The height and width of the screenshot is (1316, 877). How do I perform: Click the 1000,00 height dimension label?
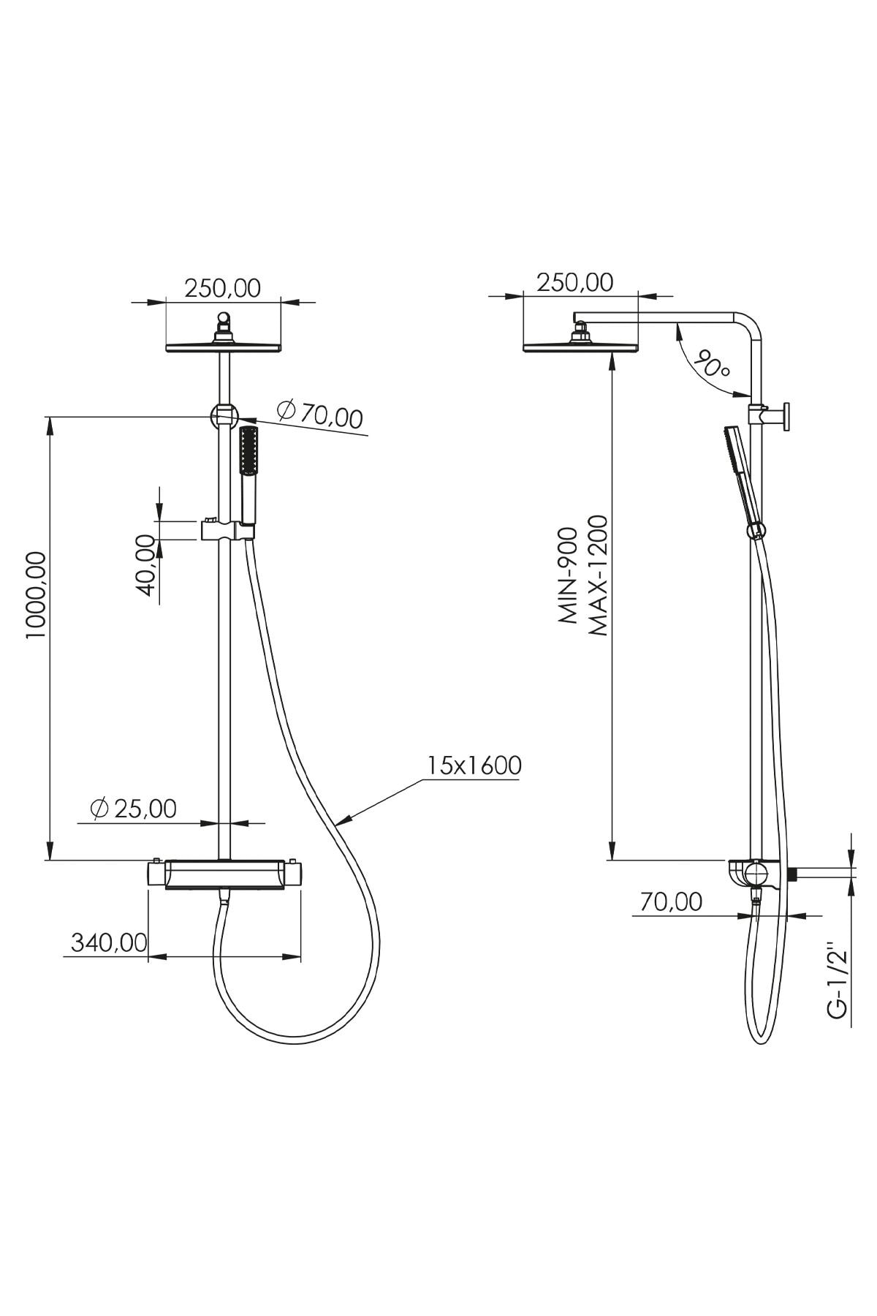[x=36, y=594]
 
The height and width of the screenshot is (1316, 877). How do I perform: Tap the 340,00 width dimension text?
[x=109, y=942]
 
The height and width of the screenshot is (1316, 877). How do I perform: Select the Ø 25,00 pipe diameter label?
[x=133, y=809]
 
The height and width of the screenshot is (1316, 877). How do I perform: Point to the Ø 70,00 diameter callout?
[x=320, y=415]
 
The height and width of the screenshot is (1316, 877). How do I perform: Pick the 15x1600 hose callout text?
[x=474, y=765]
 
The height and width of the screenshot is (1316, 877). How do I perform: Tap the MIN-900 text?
[x=569, y=575]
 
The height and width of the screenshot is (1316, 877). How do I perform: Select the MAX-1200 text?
[x=597, y=575]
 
